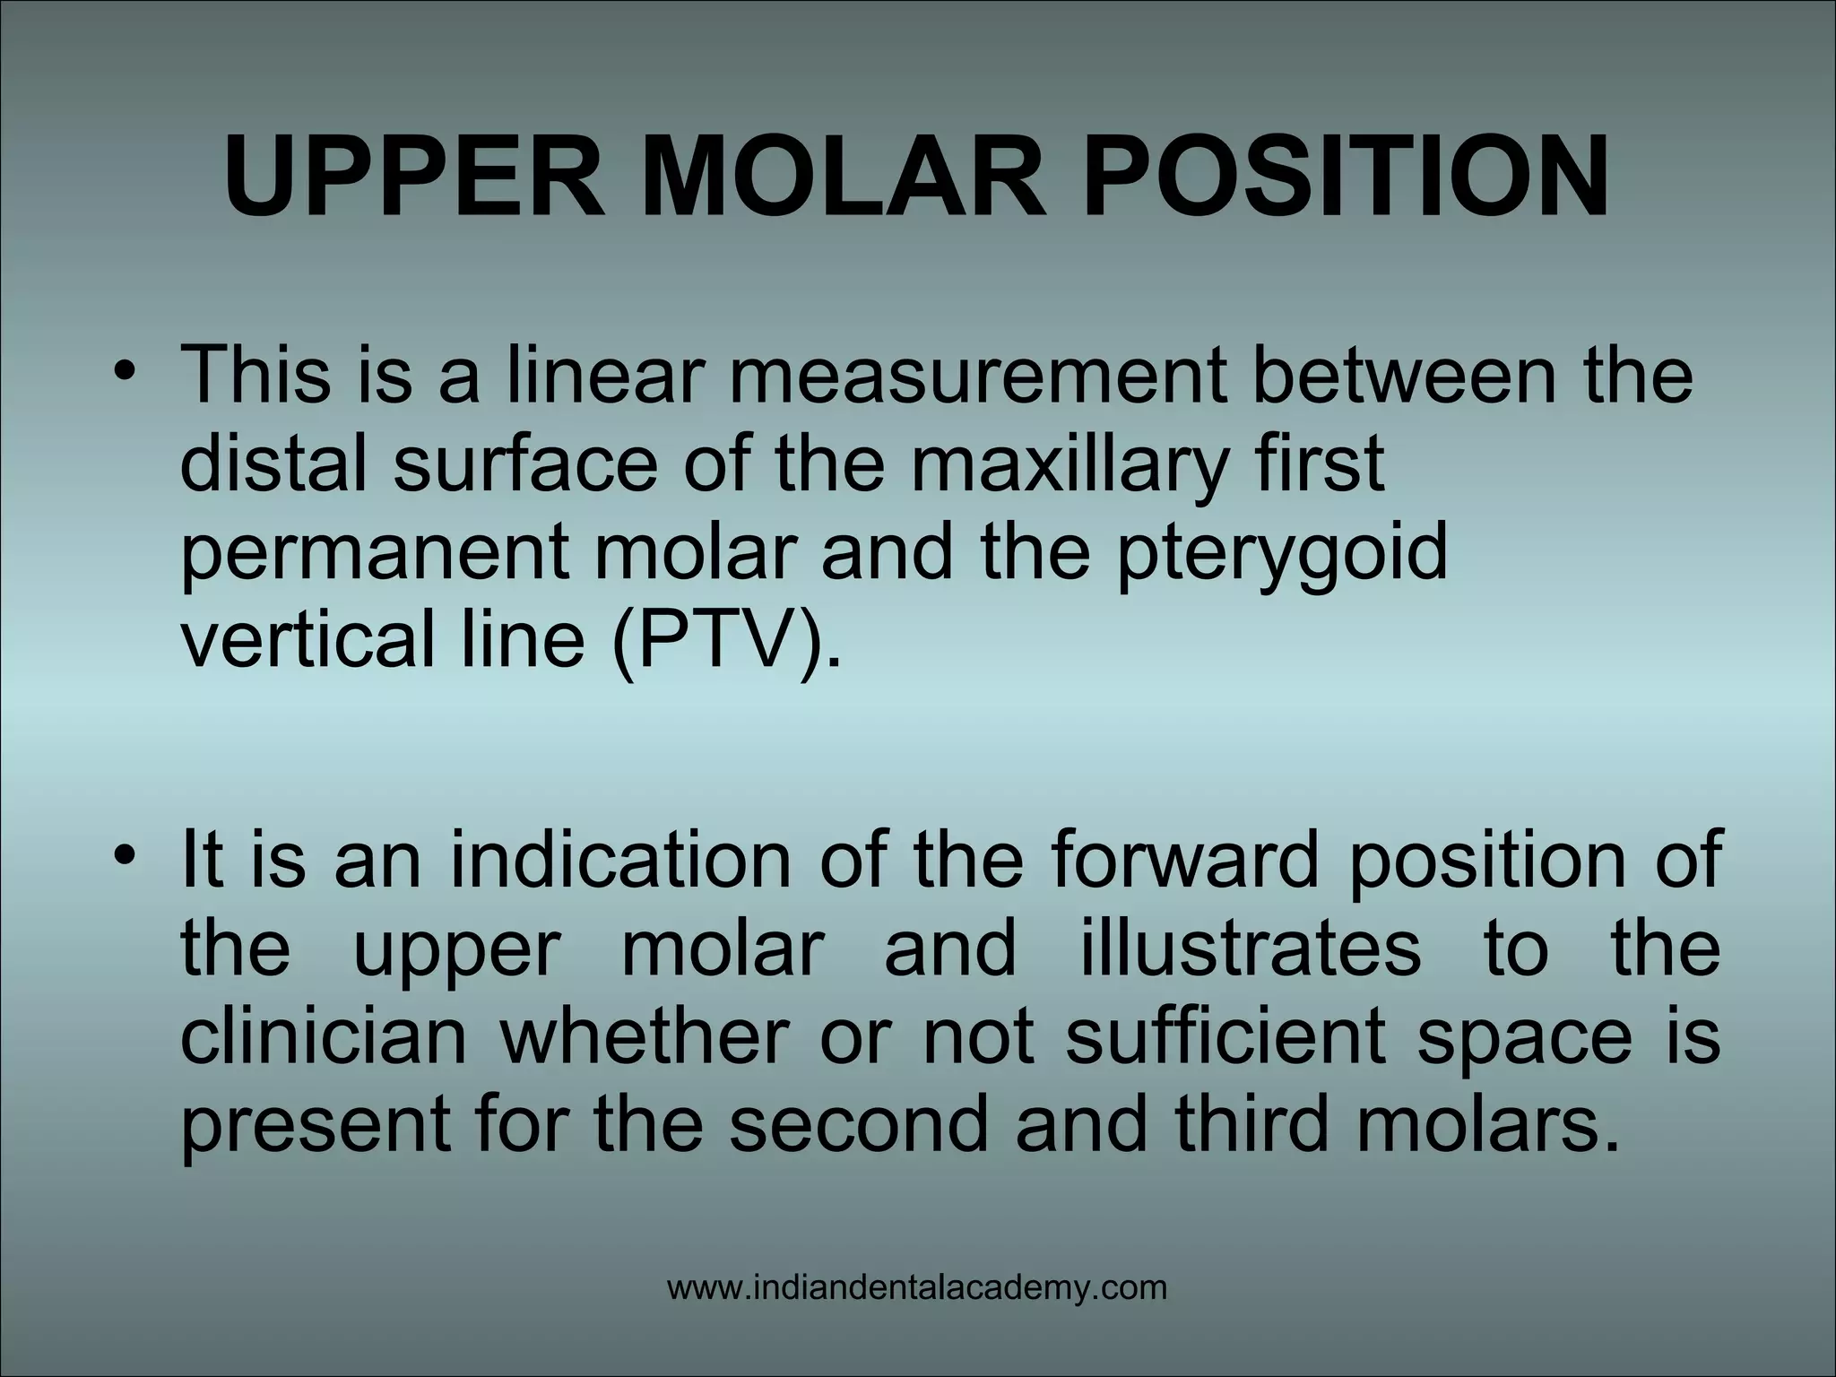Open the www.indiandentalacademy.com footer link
(x=917, y=1289)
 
